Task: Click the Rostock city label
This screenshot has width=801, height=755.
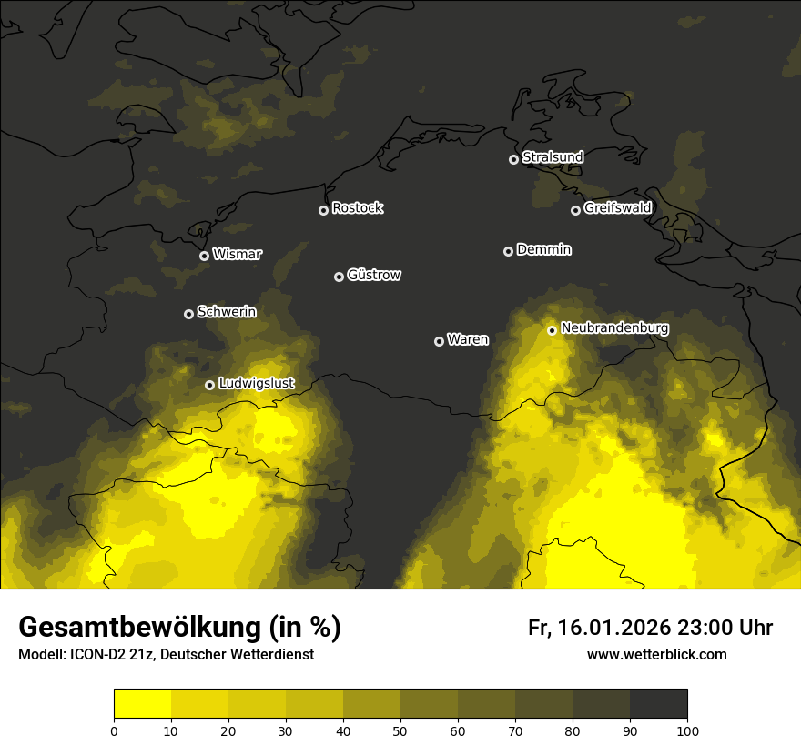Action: pos(357,208)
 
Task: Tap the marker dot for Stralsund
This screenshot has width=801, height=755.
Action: pos(513,159)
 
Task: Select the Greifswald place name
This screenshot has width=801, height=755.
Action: pos(617,208)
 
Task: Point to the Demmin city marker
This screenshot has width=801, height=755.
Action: pos(508,251)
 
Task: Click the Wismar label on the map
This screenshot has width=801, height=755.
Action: pos(236,255)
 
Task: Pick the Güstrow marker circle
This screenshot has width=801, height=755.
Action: pos(339,277)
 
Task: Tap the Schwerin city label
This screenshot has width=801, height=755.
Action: pos(227,312)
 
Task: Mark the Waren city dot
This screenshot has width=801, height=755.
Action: pos(439,341)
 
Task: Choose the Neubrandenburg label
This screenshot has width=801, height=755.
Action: pos(614,328)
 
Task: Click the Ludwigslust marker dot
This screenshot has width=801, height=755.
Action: pos(209,385)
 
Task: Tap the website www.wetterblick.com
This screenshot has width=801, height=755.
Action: pos(656,654)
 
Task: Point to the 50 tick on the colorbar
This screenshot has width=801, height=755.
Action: pos(400,730)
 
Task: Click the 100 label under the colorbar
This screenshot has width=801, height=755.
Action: pos(687,730)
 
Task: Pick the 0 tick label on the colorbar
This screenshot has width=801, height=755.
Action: pos(114,730)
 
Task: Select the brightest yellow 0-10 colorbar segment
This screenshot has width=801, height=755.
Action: pos(142,704)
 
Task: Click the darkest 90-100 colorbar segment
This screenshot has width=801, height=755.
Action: pos(658,704)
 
